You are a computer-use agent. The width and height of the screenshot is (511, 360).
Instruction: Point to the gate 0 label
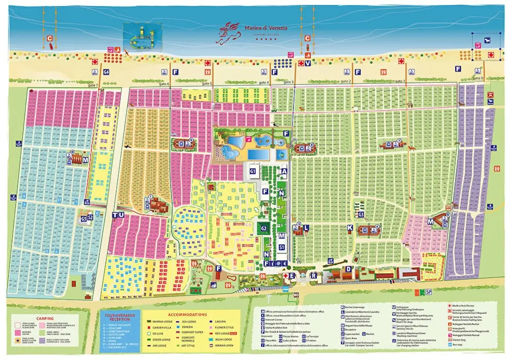coord(478,78)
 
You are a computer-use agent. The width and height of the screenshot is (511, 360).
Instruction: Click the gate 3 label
coord(289,82)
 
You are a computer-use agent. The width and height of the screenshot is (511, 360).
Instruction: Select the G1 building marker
coord(252,171)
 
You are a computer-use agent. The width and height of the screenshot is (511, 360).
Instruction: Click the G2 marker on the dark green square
coord(263,228)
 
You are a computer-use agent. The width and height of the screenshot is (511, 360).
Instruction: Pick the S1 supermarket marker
coord(282,247)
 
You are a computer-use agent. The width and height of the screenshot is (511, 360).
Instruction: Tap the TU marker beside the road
coord(119,215)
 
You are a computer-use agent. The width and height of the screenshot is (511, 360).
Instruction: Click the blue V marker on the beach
coord(308,64)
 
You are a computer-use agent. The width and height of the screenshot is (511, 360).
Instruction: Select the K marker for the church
coord(350,227)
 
